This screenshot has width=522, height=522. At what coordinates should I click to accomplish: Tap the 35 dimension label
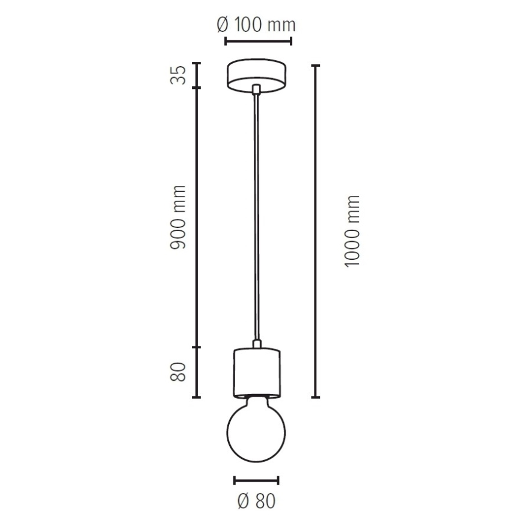(x=177, y=75)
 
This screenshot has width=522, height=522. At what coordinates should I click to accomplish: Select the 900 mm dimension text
(x=177, y=218)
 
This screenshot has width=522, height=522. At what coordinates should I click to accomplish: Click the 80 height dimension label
(x=177, y=372)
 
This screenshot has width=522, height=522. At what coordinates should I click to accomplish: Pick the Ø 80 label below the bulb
(x=257, y=500)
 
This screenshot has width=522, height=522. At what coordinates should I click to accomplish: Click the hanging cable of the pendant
(x=257, y=216)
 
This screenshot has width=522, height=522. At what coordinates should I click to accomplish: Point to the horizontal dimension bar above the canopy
(x=258, y=41)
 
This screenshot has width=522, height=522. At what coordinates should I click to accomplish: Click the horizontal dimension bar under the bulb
(x=257, y=480)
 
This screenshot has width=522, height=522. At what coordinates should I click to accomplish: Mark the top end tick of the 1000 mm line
(x=315, y=65)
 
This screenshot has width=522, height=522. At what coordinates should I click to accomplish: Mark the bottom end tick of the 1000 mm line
(x=315, y=397)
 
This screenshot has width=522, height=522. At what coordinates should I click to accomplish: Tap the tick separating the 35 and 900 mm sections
(x=196, y=88)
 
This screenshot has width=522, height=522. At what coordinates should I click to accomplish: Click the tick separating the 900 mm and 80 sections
(x=196, y=347)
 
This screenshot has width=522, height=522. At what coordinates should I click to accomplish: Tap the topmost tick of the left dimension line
(x=196, y=63)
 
